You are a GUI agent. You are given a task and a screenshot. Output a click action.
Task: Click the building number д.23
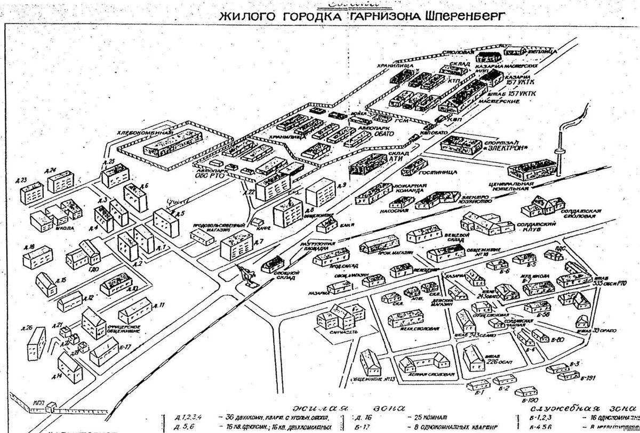click(22, 180)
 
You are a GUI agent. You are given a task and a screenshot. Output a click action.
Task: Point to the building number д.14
click(58, 376)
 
